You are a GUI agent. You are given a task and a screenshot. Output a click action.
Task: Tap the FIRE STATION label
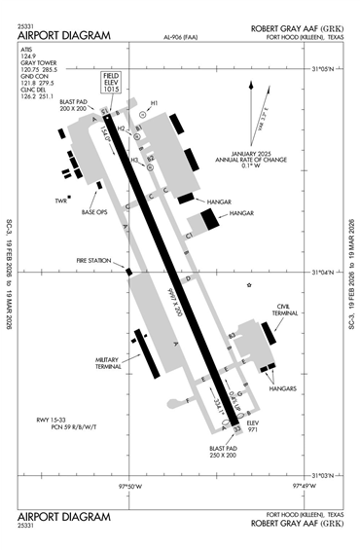92,260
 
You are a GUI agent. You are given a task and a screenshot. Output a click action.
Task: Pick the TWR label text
60,202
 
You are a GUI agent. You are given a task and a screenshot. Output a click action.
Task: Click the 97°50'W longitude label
130,484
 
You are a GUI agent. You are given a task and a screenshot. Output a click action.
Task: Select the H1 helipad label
154,102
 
